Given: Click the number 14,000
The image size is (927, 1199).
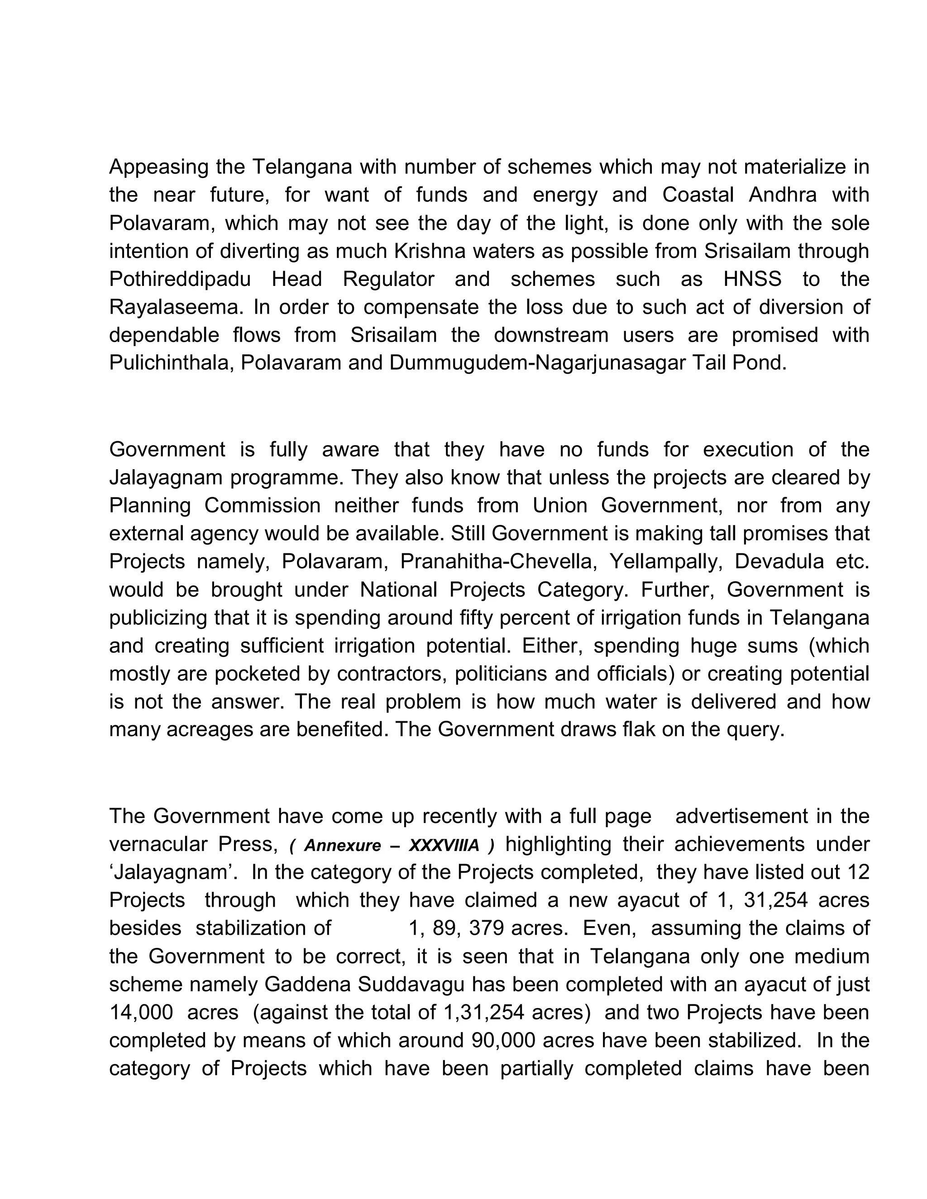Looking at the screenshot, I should (141, 1012).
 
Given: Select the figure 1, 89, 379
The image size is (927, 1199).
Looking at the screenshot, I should (456, 928).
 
